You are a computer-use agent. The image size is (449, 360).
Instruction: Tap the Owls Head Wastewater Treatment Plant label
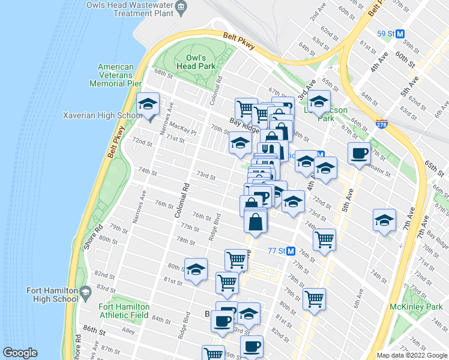[139, 10]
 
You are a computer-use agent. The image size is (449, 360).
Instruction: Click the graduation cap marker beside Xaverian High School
[148, 106]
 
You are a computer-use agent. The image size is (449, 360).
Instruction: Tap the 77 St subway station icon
[291, 251]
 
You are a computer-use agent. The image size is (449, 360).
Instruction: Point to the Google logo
[20, 353]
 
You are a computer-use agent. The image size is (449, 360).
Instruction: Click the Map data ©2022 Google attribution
[411, 355]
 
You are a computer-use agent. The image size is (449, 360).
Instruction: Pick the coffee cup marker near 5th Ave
[359, 154]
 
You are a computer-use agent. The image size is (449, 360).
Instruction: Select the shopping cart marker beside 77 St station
[324, 241]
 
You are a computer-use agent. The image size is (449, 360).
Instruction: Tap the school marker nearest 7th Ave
[384, 221]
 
